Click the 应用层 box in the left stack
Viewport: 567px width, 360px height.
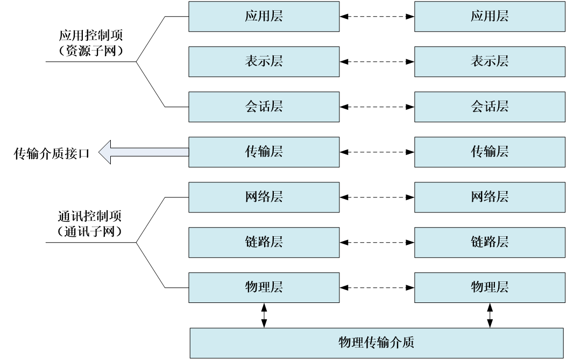pyautogui.click(x=264, y=16)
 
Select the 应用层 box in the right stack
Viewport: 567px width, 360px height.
pyautogui.click(x=490, y=16)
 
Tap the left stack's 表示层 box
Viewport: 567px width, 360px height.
pyautogui.click(x=264, y=61)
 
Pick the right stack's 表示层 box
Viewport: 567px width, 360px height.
pyautogui.click(x=490, y=61)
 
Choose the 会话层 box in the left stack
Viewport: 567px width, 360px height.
pyautogui.click(x=264, y=107)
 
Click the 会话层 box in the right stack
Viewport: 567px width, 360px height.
pyautogui.click(x=490, y=107)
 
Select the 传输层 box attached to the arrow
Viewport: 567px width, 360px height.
pyautogui.click(x=264, y=152)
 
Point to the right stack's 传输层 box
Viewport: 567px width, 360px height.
pyautogui.click(x=490, y=152)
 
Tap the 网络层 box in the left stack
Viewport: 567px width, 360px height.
pyautogui.click(x=264, y=197)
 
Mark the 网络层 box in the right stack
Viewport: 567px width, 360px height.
pyautogui.click(x=490, y=197)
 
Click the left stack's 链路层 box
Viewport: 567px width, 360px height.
pyautogui.click(x=264, y=242)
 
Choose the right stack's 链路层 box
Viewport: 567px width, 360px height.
pyautogui.click(x=490, y=242)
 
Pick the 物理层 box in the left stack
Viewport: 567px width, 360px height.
pyautogui.click(x=264, y=287)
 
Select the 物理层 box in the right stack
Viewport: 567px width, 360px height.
pyautogui.click(x=490, y=287)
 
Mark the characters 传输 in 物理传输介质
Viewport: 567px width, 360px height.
pyautogui.click(x=377, y=343)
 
